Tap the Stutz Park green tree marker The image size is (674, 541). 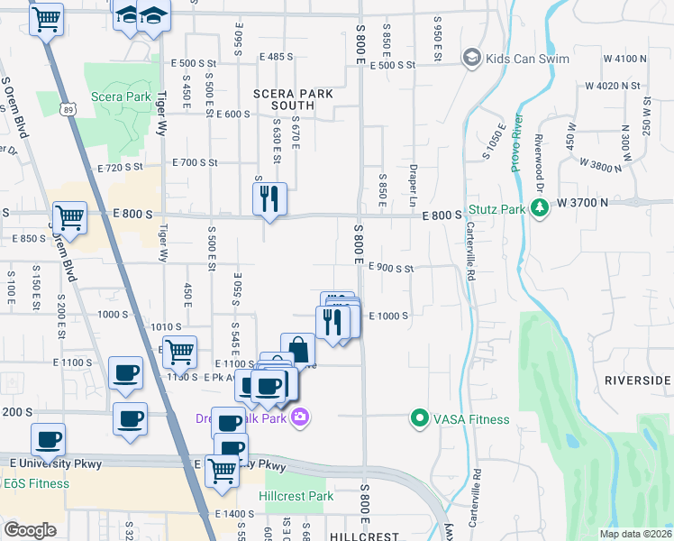point(540,209)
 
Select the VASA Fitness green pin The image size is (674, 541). point(419,418)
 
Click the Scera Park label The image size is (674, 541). point(121,96)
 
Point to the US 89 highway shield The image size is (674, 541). point(68,109)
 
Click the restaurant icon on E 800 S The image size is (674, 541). point(269,199)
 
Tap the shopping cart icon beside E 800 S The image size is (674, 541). point(69,217)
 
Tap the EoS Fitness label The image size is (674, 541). point(36,483)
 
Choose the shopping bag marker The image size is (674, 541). point(297,350)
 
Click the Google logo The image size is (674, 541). point(30,529)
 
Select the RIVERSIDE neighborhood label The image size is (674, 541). point(637,381)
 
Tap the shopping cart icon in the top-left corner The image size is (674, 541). point(47,18)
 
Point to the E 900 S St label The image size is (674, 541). point(391,268)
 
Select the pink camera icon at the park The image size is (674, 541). point(301,417)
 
